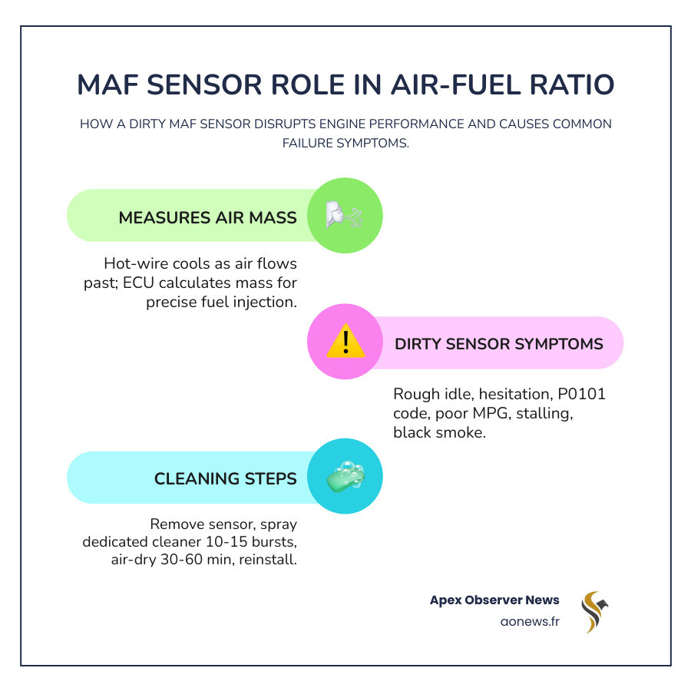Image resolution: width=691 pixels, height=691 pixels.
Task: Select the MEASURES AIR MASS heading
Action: point(207,217)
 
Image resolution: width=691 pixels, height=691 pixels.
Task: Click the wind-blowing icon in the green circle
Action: point(345,215)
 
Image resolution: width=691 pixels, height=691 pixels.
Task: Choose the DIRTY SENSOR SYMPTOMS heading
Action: point(499,343)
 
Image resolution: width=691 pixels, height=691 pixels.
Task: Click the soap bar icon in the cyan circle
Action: point(345,476)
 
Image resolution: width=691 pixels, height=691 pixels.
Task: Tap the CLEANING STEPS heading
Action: point(226,478)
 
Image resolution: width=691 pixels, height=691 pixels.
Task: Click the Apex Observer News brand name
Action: point(494,600)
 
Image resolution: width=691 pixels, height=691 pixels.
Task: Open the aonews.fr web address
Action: point(530,620)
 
